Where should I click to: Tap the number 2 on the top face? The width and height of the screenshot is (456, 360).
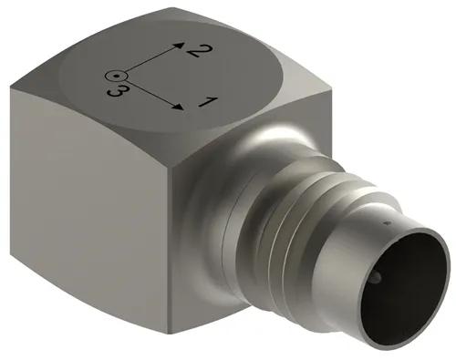click(x=192, y=52)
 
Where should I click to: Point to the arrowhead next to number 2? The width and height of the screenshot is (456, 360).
click(x=180, y=43)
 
